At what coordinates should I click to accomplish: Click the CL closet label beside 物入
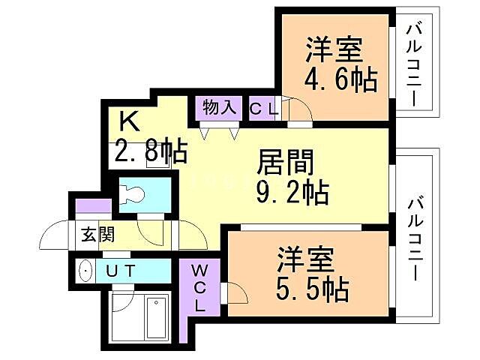click(x=263, y=108)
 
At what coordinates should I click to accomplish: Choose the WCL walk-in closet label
click(x=199, y=287)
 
